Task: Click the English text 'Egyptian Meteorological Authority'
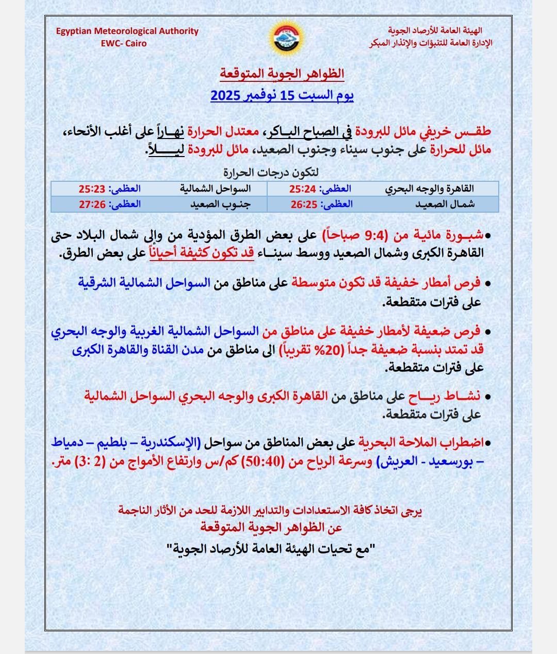point(127,31)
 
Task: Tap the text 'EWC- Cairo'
point(124,43)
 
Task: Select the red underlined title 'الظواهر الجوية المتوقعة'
point(282,74)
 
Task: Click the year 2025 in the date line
point(225,96)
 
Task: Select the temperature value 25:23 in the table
point(92,189)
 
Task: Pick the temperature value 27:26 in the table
point(92,204)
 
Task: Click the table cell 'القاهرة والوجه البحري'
point(430,189)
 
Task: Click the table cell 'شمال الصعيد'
point(445,204)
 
